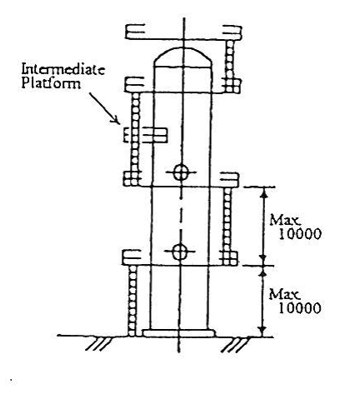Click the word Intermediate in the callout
click(x=63, y=69)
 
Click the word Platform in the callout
click(x=52, y=83)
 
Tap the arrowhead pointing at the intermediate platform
click(x=117, y=119)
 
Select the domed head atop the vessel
click(x=182, y=57)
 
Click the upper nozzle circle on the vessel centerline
click(x=181, y=172)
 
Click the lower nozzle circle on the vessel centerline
click(x=179, y=252)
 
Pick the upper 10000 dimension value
click(x=300, y=234)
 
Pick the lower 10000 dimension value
click(x=299, y=308)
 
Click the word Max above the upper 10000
click(x=285, y=220)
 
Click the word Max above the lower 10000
click(x=284, y=294)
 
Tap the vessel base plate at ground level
click(x=179, y=333)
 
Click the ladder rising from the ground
click(x=132, y=301)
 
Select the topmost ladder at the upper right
click(x=230, y=66)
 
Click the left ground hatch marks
click(x=97, y=344)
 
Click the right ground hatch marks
click(x=236, y=345)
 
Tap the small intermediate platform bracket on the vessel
click(x=145, y=135)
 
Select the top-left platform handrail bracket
click(x=135, y=31)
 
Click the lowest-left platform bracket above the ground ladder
click(x=132, y=257)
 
